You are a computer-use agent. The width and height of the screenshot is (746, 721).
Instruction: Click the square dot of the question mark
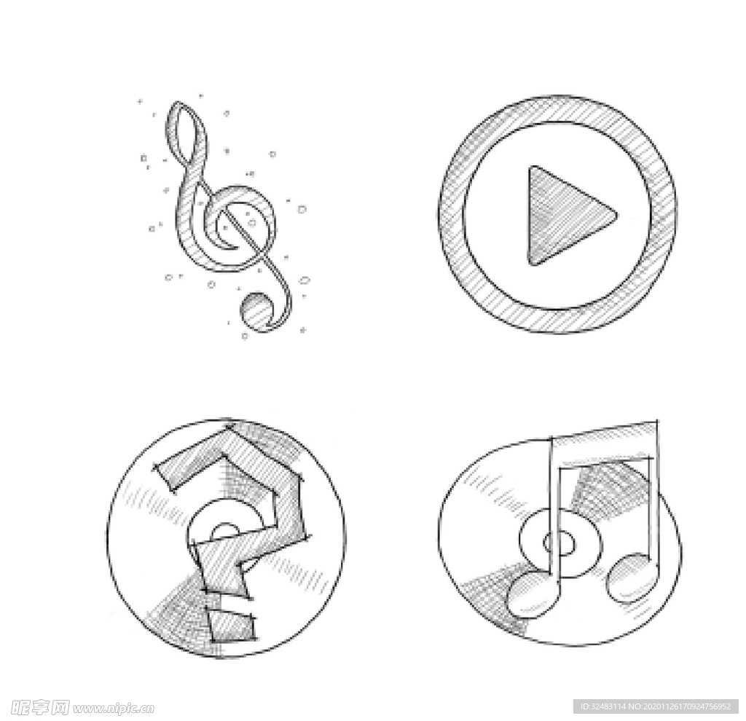[231, 624]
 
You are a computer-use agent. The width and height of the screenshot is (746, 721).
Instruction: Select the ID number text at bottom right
[656, 706]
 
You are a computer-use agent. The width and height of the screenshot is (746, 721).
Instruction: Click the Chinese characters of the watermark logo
[40, 707]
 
